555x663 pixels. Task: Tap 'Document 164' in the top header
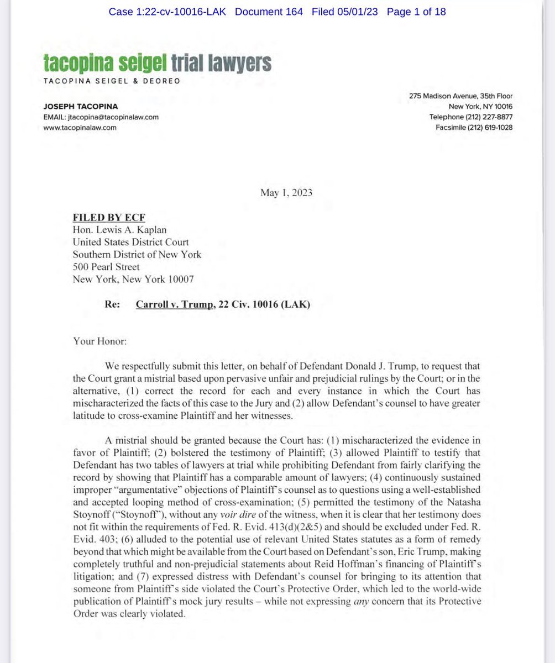point(269,12)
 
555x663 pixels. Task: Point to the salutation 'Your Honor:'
point(100,341)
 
